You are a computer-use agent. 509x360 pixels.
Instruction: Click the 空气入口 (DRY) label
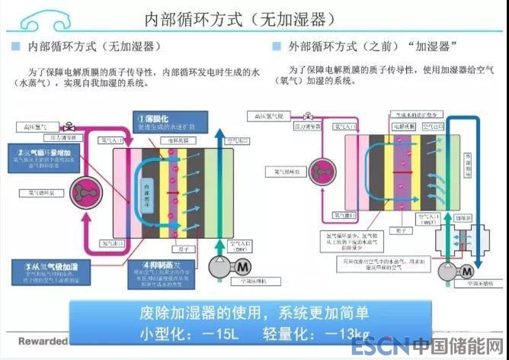click(242, 249)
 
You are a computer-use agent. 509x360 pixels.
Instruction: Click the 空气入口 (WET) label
click(434, 223)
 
